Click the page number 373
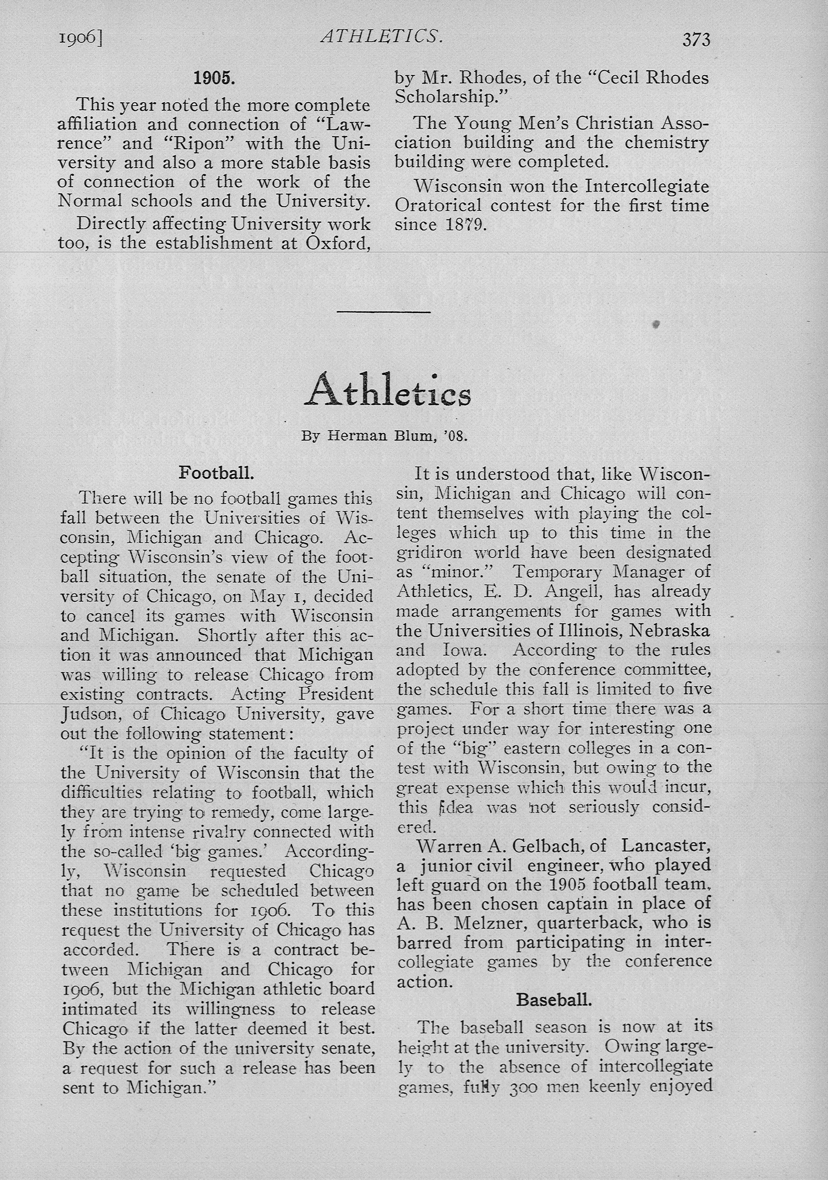(696, 40)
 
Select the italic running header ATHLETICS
(381, 36)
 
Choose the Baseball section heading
(554, 999)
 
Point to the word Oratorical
(437, 206)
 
